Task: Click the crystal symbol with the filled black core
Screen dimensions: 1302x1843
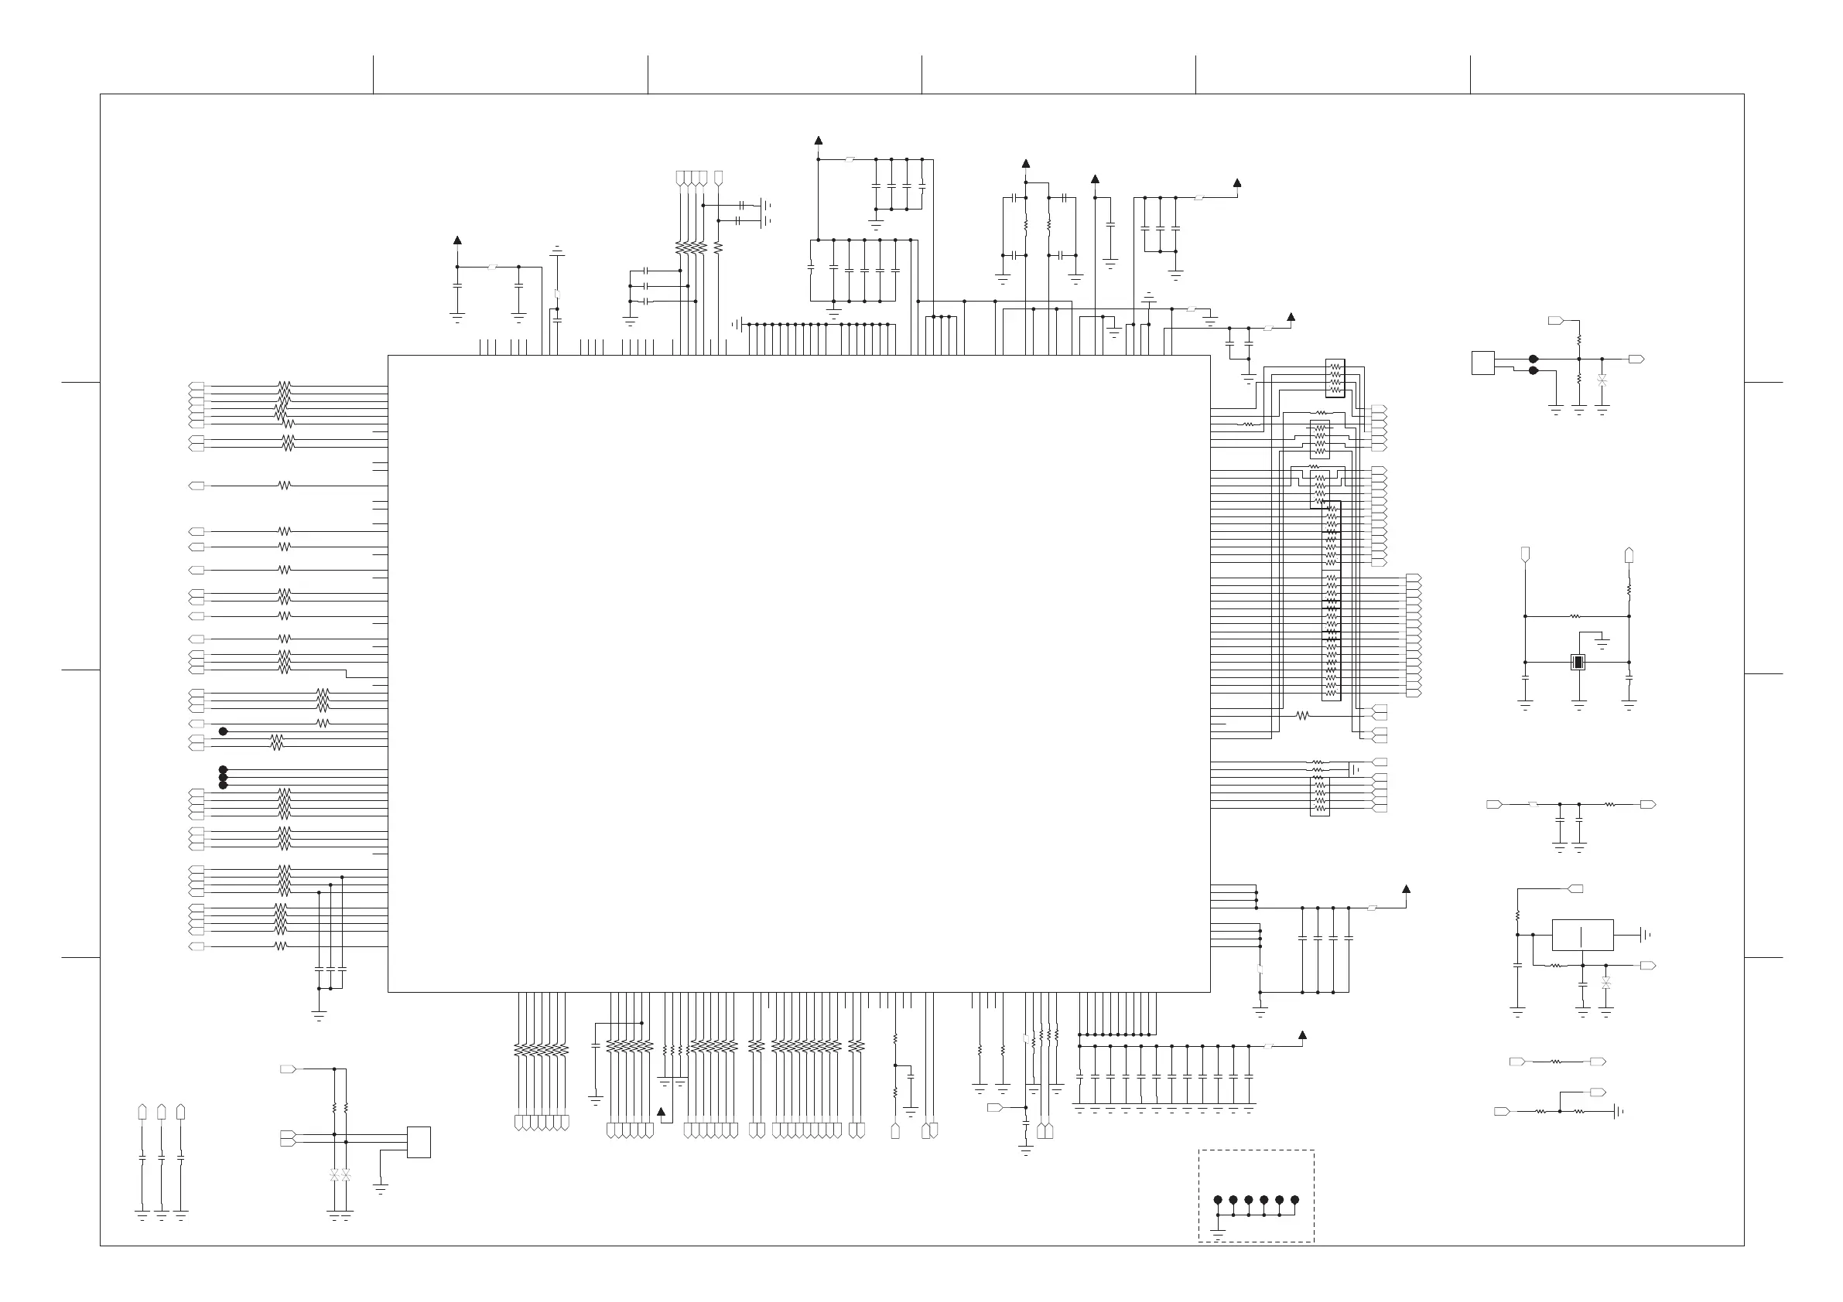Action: click(1578, 662)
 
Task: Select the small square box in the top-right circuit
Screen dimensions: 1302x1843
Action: click(1482, 363)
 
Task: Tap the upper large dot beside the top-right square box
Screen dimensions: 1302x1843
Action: click(1534, 359)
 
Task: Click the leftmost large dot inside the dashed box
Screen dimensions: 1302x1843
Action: click(1218, 1200)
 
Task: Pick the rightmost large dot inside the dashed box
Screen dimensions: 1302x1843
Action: click(1294, 1200)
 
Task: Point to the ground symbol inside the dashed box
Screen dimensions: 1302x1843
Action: click(1218, 1236)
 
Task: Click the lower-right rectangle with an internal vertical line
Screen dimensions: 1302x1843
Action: click(1582, 935)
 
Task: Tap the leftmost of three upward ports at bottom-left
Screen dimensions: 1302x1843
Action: click(142, 1111)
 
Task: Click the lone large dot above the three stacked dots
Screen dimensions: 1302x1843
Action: click(223, 731)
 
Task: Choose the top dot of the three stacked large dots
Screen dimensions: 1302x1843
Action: click(223, 770)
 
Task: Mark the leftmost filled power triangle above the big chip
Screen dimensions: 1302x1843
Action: click(457, 240)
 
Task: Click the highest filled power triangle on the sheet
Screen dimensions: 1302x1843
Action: click(819, 141)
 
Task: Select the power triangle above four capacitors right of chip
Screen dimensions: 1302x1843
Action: click(1407, 889)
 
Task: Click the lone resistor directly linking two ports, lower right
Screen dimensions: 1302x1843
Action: click(1556, 1062)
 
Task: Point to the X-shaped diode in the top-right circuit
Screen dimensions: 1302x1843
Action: click(1602, 380)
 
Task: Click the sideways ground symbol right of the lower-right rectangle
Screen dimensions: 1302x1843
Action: click(1643, 935)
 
